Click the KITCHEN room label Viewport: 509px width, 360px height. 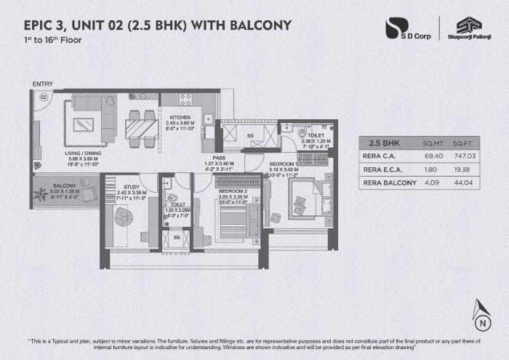[180, 117]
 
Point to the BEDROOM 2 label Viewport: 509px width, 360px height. [233, 191]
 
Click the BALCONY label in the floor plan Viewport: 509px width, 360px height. [49, 186]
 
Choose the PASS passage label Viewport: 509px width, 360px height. [219, 157]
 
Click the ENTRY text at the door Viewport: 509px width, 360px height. [41, 84]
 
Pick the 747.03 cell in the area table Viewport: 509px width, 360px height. [463, 156]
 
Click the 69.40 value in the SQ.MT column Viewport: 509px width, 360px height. [433, 156]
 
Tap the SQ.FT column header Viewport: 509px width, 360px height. [462, 143]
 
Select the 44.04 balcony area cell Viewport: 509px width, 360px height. [463, 183]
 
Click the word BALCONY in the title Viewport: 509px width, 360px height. [258, 25]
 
